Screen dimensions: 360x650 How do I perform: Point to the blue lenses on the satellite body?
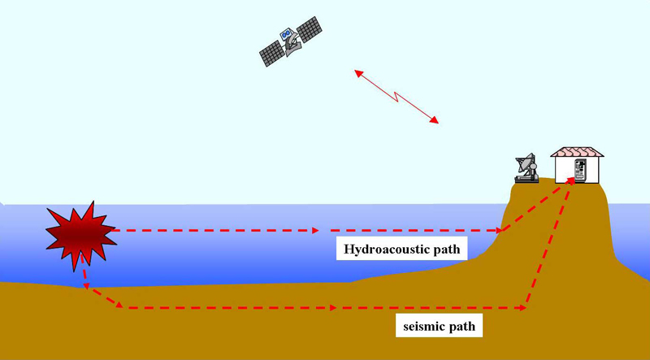click(x=287, y=34)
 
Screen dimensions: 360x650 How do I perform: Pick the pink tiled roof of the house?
click(x=577, y=152)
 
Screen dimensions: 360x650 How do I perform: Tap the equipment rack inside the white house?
click(x=580, y=170)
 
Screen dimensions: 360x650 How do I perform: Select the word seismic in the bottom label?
click(x=424, y=327)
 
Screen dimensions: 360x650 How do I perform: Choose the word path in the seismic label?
click(x=461, y=327)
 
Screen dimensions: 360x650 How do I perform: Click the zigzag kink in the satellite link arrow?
click(x=396, y=96)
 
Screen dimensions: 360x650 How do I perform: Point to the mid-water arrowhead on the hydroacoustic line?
click(x=314, y=230)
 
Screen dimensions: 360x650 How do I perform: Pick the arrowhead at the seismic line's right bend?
click(x=522, y=308)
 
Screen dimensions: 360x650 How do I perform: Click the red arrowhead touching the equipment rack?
click(x=571, y=181)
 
